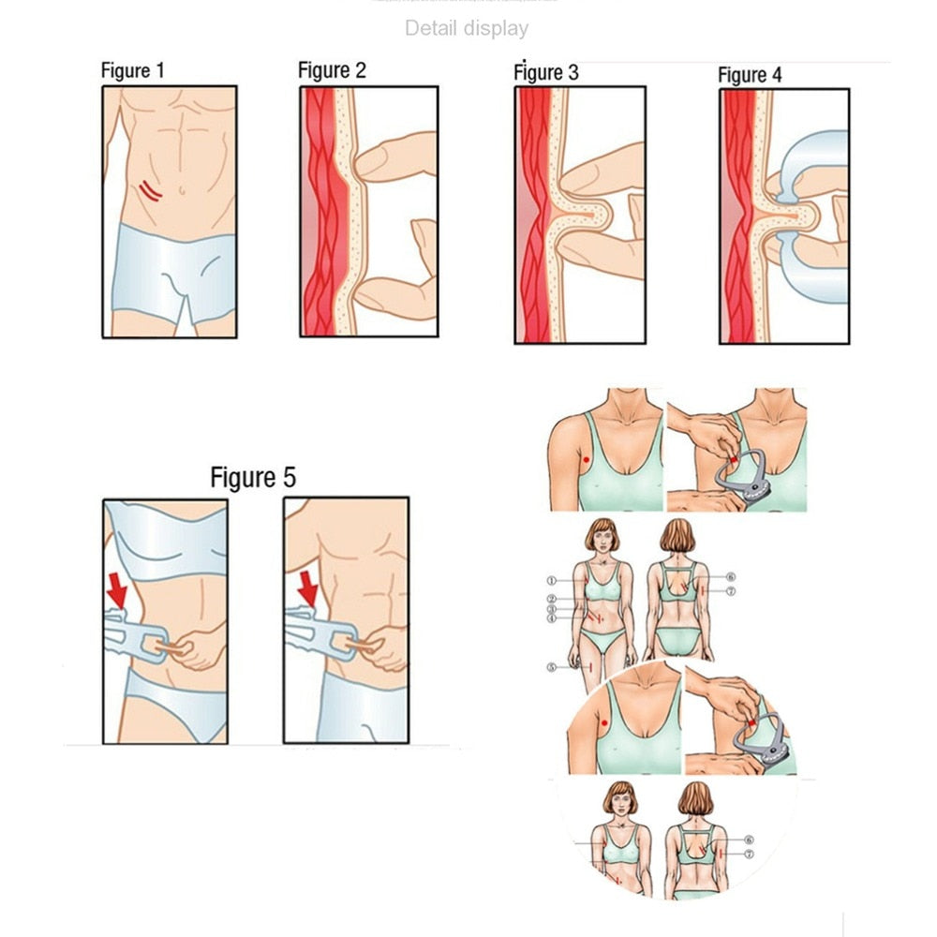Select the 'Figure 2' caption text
pyautogui.click(x=332, y=70)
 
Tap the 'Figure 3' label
pyautogui.click(x=546, y=72)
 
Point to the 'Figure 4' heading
pyautogui.click(x=750, y=75)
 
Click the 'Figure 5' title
pyautogui.click(x=252, y=477)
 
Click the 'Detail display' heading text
pyautogui.click(x=466, y=29)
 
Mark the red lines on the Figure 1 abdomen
pyautogui.click(x=150, y=190)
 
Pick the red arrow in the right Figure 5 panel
pyautogui.click(x=305, y=587)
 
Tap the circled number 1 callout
pyautogui.click(x=552, y=581)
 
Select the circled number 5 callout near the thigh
pyautogui.click(x=552, y=667)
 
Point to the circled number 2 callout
pyautogui.click(x=552, y=599)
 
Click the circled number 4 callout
pyautogui.click(x=552, y=619)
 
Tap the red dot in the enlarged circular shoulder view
pyautogui.click(x=602, y=724)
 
